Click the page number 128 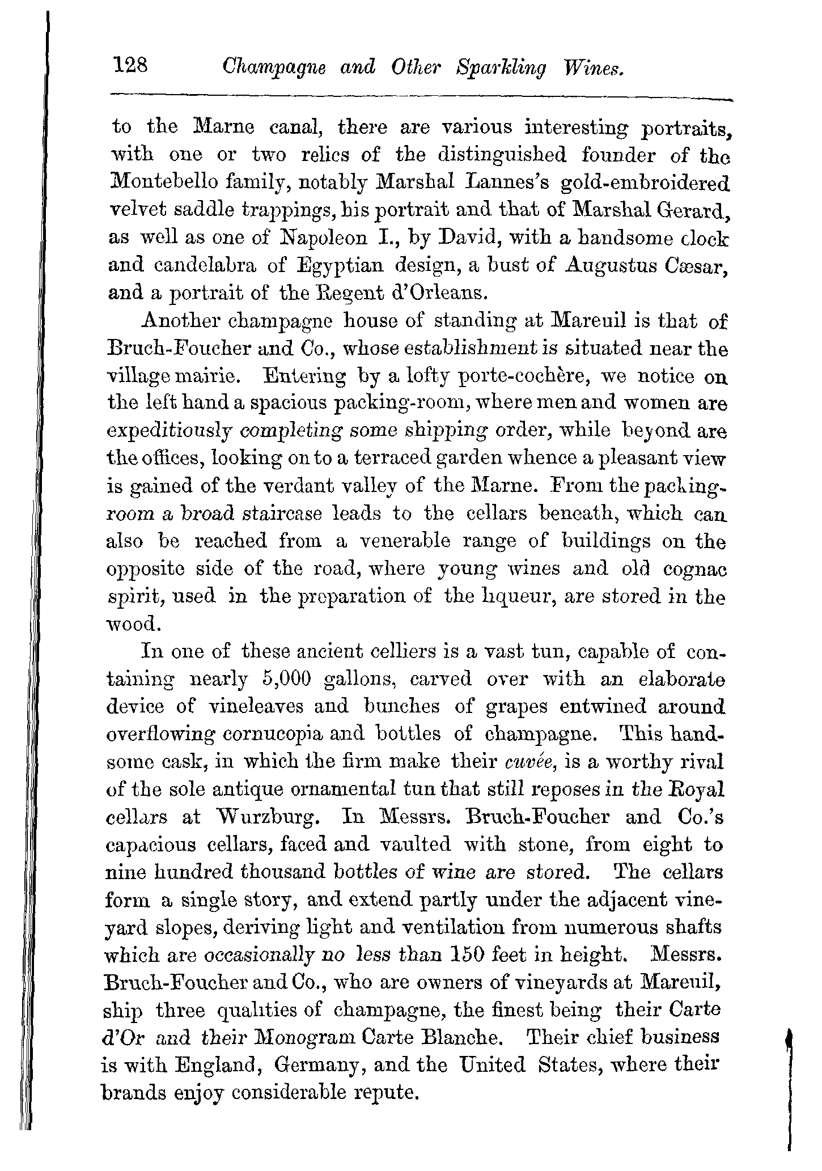click(130, 66)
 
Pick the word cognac click(695, 568)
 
